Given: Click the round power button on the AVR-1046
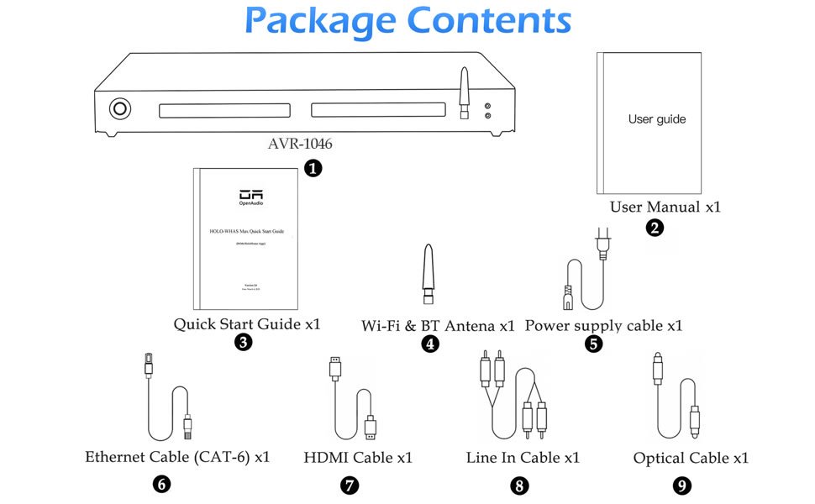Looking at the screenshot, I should tap(120, 108).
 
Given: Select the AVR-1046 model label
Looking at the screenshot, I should tap(300, 144).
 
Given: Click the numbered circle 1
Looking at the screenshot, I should tap(313, 169).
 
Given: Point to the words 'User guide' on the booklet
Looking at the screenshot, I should tap(657, 119).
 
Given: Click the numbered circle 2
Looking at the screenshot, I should tap(655, 227).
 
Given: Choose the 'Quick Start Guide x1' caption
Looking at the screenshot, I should tap(247, 323).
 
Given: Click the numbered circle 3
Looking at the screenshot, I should tap(244, 342).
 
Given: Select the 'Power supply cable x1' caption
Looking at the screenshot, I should tap(603, 324).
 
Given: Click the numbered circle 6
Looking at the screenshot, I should tap(162, 484).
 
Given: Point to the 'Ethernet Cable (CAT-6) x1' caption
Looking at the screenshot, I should tap(177, 458).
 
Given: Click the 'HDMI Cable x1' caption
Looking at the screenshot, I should tap(358, 458).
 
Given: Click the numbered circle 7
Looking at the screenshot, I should tap(350, 485).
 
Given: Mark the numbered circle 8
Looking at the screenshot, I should tap(520, 485).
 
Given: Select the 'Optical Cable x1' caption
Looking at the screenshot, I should tap(691, 458).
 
